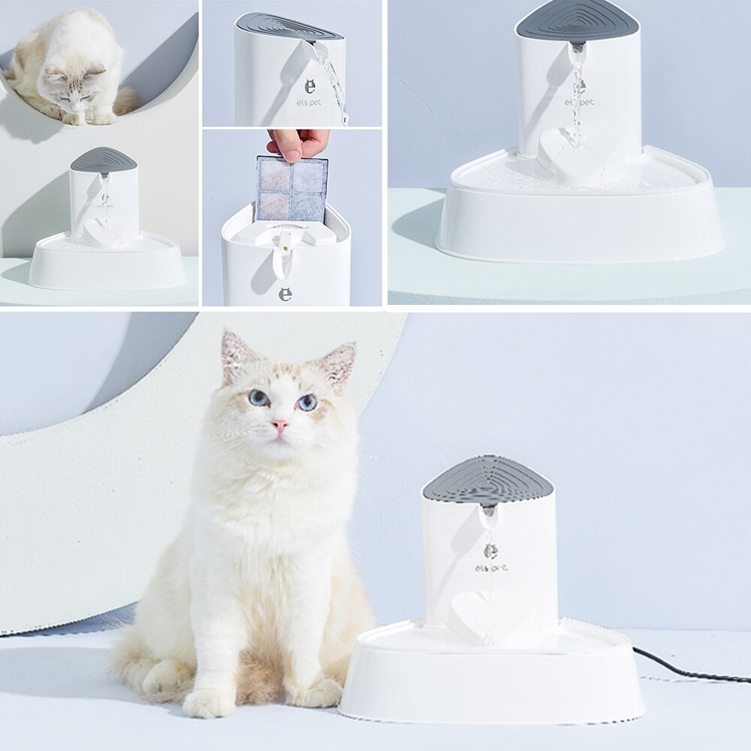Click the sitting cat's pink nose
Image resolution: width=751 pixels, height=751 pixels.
click(x=280, y=426)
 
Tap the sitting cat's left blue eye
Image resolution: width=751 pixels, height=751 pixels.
click(x=258, y=397)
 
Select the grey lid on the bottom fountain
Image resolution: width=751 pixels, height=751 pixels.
click(x=488, y=478)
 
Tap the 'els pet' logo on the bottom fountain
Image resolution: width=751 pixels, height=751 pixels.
click(x=491, y=568)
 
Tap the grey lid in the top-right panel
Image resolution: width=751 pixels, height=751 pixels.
click(x=577, y=21)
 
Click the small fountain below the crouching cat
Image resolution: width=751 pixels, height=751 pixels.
click(x=105, y=225)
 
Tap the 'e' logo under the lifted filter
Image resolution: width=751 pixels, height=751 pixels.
click(x=285, y=294)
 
